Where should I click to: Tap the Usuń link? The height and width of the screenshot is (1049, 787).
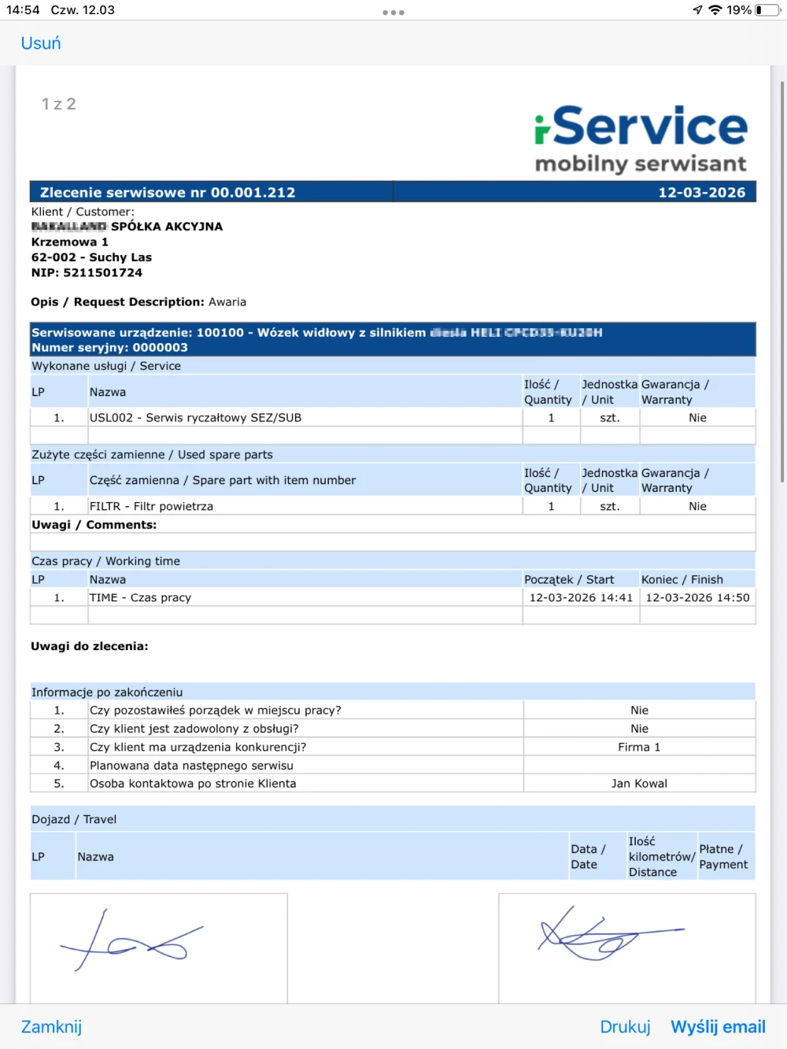41,43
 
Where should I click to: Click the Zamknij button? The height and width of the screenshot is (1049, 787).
51,1027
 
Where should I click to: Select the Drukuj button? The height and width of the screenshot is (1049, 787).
625,1027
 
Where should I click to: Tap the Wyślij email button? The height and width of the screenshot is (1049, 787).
718,1027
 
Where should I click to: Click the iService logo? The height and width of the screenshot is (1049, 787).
641,139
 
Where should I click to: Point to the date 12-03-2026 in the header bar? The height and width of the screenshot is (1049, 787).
701,193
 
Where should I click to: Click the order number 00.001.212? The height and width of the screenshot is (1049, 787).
253,193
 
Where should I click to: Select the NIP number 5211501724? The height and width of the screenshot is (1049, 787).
102,273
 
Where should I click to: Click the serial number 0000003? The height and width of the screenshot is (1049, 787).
160,348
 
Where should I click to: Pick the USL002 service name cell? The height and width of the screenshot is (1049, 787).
195,418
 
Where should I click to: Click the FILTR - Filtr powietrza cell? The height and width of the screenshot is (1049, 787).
151,507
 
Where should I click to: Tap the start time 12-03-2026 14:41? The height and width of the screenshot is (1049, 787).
581,598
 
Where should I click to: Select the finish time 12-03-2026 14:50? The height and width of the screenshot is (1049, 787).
697,598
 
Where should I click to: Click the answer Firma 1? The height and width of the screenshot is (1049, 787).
639,748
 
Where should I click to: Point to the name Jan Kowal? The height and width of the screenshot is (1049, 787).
639,784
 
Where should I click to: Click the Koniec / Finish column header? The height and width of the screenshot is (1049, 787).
682,580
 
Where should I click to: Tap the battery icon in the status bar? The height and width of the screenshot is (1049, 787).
767,10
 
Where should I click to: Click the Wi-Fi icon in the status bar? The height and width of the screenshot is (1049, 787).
715,10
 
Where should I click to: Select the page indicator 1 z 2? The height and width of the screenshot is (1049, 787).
59,105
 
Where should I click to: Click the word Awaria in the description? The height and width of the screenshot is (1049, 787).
227,302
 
